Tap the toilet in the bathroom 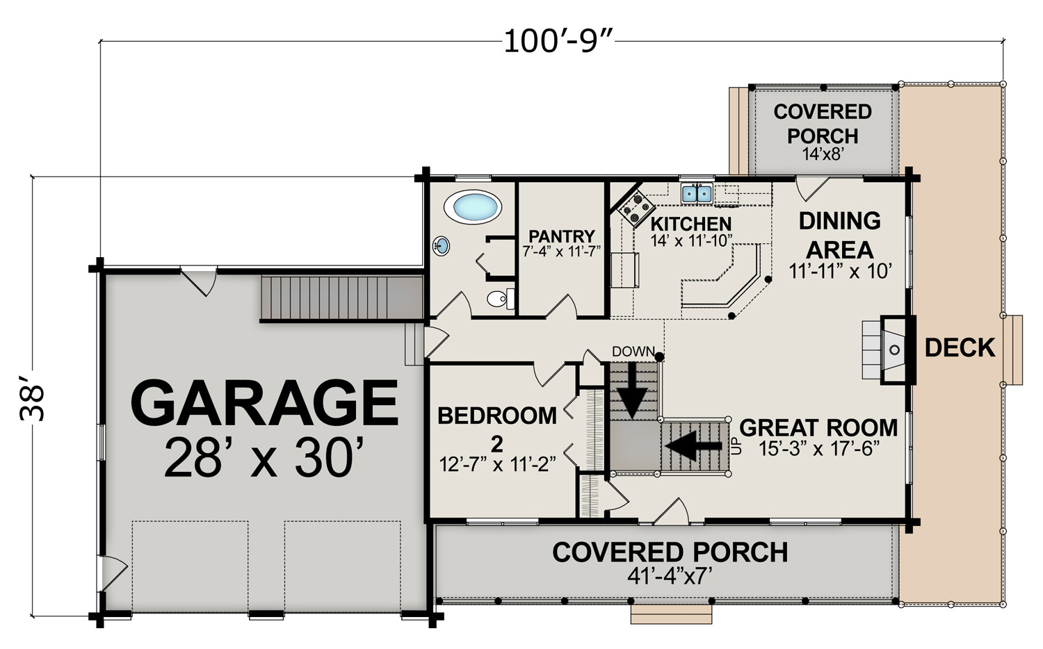tap(501, 299)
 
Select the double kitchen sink tap(697, 193)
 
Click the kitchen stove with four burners tap(636, 208)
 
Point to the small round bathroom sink tap(441, 246)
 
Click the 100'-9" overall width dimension tap(559, 42)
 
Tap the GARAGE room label tap(264, 402)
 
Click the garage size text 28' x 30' tap(264, 457)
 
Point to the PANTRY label tap(562, 236)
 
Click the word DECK tap(960, 347)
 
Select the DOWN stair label tap(633, 351)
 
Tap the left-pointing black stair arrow tap(694, 445)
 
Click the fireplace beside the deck tap(889, 350)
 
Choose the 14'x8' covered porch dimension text tap(823, 154)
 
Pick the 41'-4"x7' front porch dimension tap(670, 576)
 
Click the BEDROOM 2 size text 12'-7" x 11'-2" tap(497, 464)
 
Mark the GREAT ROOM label tap(818, 427)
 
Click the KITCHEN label tap(691, 224)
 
